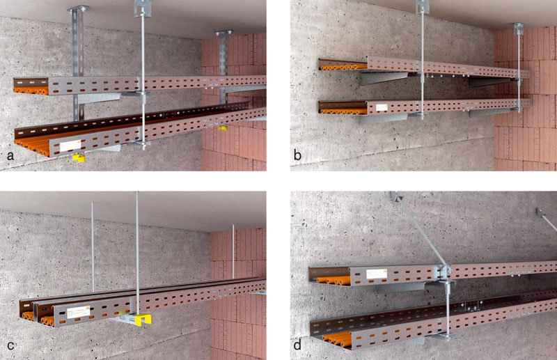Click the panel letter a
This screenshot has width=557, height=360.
click(10, 155)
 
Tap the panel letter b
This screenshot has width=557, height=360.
click(298, 155)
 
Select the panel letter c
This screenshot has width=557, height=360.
click(10, 345)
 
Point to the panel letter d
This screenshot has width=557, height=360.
click(298, 345)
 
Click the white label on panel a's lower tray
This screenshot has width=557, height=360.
click(70, 146)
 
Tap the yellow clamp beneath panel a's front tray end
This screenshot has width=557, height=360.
click(79, 157)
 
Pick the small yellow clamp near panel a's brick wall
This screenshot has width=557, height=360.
click(223, 127)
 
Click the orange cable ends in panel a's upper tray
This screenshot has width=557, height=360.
click(31, 91)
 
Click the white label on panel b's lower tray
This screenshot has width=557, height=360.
click(382, 108)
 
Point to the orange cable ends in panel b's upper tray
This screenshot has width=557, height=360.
click(342, 67)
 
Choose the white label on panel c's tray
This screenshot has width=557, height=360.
click(79, 312)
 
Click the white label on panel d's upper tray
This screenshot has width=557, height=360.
click(376, 274)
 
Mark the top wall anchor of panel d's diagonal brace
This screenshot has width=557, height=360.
click(395, 196)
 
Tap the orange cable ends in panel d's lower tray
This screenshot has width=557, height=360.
click(337, 341)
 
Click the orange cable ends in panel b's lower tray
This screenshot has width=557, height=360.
click(343, 111)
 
